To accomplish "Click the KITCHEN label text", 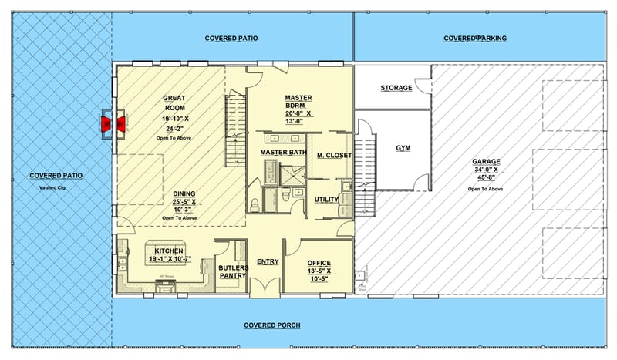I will coord(168,251).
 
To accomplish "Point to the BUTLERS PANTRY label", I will coord(232,271).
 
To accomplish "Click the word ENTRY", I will coord(267,262).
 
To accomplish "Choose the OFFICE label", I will coord(319,263).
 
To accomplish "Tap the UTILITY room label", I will coord(326,200).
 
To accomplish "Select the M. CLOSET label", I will coord(333,156).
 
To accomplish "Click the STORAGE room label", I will coord(396,88).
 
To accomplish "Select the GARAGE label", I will coord(486,162).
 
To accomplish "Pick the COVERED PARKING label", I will coord(475,38).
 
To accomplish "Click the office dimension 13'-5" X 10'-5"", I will coord(319,275).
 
